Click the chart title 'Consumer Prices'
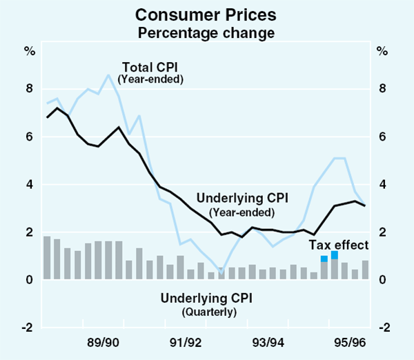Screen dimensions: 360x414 [207, 14]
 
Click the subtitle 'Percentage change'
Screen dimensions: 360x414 [207, 32]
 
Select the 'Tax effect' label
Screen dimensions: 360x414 [339, 245]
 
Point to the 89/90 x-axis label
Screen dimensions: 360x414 [103, 342]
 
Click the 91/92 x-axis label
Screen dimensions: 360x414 [186, 342]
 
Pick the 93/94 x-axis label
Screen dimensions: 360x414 [268, 342]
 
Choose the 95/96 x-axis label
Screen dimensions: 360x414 [349, 342]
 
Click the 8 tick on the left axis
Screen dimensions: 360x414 [30, 89]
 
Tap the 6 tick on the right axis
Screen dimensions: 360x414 [382, 137]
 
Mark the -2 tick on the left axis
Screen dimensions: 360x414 [28, 328]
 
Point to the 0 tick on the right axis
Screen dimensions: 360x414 [382, 280]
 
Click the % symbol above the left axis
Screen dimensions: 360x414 [30, 50]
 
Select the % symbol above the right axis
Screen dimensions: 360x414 [382, 50]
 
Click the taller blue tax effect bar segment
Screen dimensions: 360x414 [335, 255]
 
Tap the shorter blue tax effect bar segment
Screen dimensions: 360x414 [324, 259]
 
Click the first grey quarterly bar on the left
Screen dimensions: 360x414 [47, 258]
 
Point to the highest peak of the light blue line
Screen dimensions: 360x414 [108, 74]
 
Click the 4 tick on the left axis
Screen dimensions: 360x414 [30, 184]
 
